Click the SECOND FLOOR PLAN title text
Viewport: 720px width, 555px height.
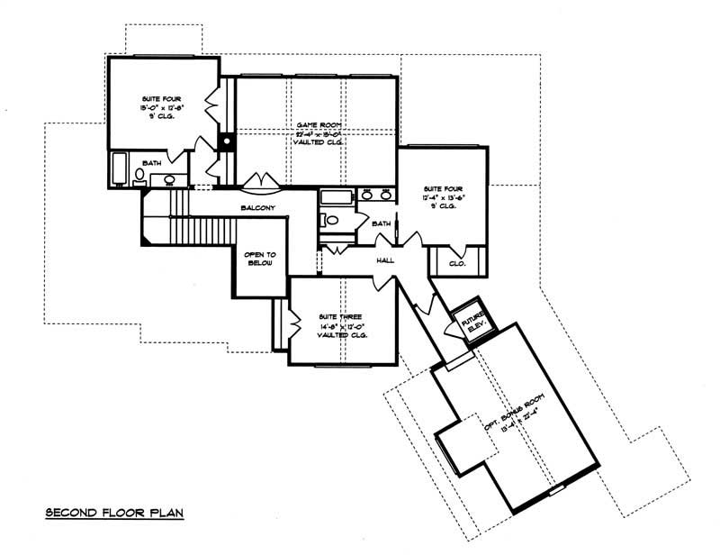[114, 514]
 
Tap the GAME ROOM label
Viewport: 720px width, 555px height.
[318, 124]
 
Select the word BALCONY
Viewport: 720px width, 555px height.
[256, 208]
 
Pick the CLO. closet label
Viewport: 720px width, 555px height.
[456, 264]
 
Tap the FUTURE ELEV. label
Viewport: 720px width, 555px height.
[473, 323]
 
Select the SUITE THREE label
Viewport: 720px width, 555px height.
[338, 317]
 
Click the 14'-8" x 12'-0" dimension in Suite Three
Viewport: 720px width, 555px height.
[338, 326]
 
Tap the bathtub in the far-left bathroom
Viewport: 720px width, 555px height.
[120, 168]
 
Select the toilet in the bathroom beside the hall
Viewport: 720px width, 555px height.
[330, 220]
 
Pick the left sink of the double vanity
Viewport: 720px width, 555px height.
[366, 195]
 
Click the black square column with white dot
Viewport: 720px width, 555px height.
[228, 142]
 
